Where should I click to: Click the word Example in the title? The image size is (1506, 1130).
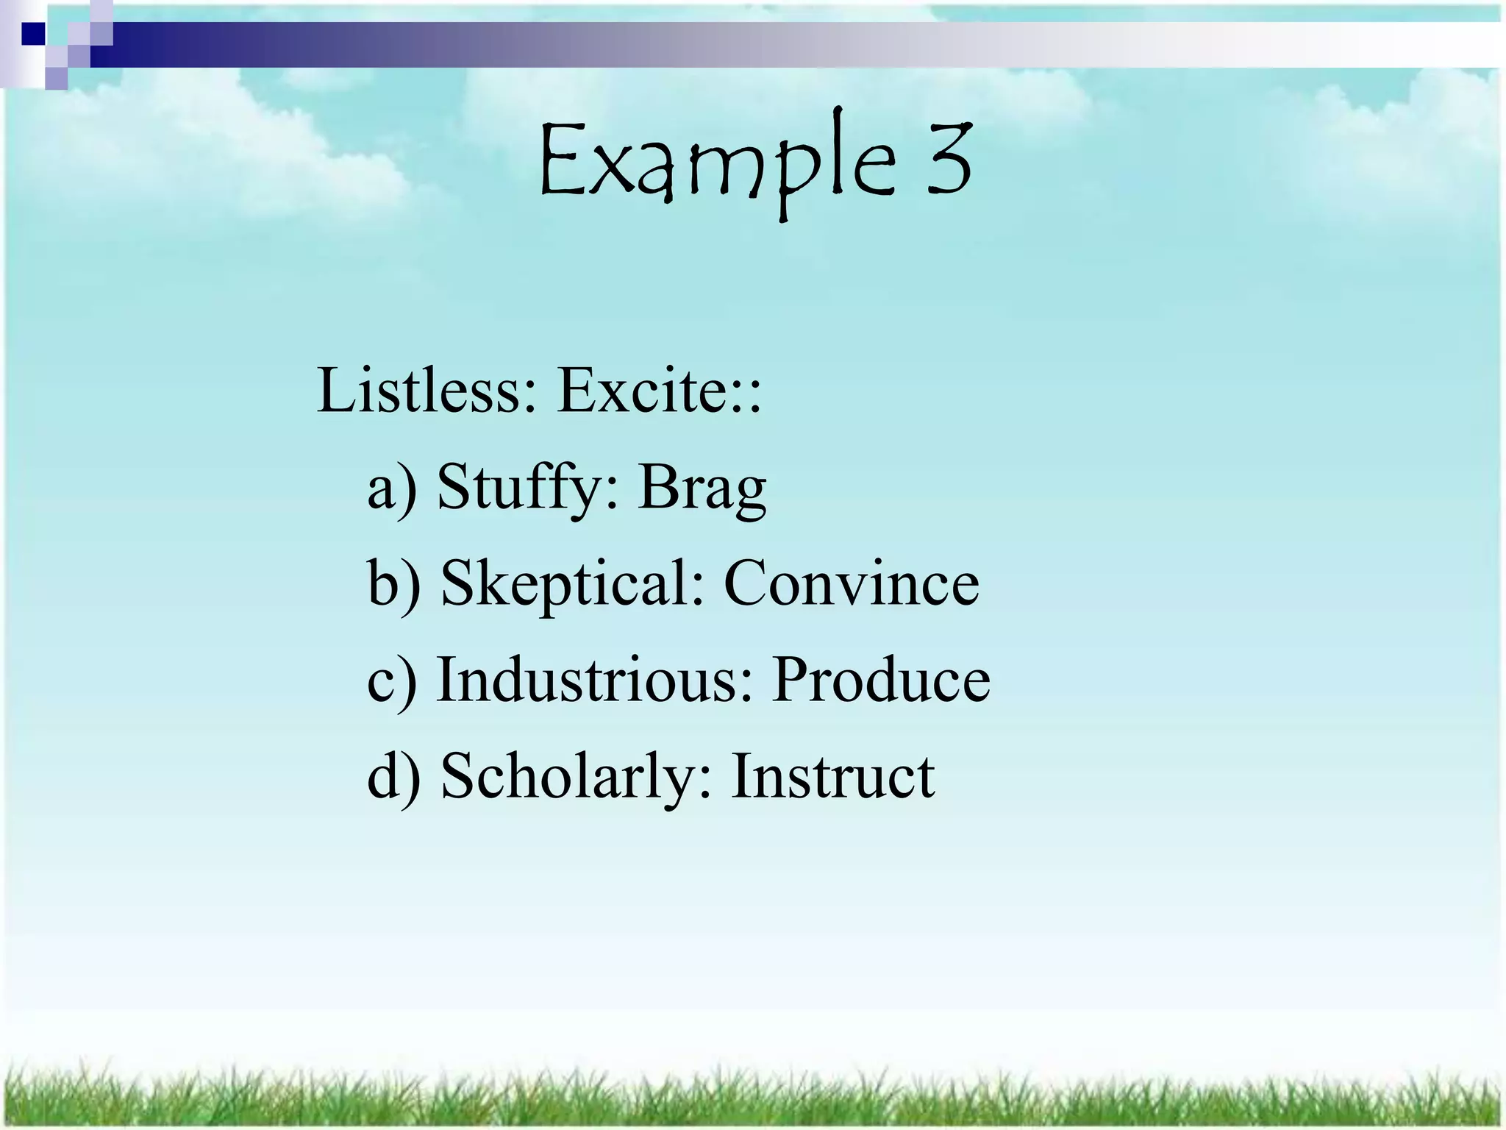pyautogui.click(x=717, y=163)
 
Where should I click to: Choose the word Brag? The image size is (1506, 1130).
pyautogui.click(x=702, y=488)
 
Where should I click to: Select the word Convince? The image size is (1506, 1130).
pyautogui.click(x=852, y=583)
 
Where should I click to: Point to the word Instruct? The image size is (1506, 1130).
pyautogui.click(x=832, y=776)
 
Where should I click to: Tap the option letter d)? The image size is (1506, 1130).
pyautogui.click(x=394, y=778)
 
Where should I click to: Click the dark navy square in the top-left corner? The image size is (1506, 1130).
pyautogui.click(x=34, y=34)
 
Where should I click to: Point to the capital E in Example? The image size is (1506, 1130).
pyautogui.click(x=563, y=161)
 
